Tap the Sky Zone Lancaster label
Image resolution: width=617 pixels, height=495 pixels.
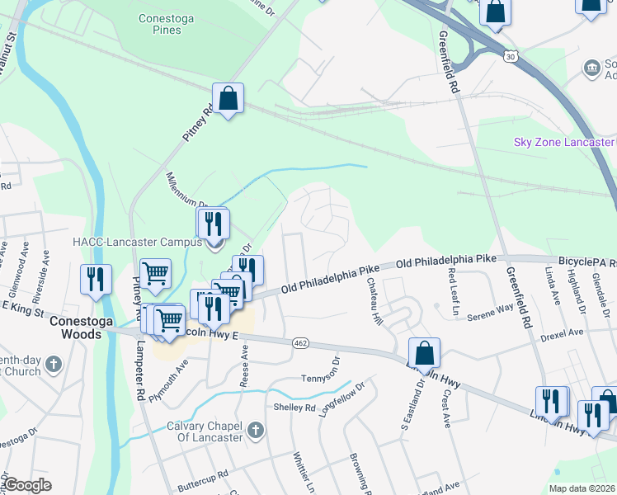click(564, 142)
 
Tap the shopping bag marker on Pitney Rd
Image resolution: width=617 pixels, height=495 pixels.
click(228, 99)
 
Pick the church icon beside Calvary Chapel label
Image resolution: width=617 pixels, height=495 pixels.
click(256, 430)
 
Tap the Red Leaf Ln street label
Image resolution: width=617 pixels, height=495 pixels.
click(453, 292)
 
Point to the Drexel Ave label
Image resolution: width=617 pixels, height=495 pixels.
click(562, 333)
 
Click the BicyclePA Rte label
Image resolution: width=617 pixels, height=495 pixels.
click(586, 260)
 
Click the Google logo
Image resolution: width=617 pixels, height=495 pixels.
click(27, 485)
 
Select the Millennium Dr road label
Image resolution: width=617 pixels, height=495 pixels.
click(184, 191)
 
